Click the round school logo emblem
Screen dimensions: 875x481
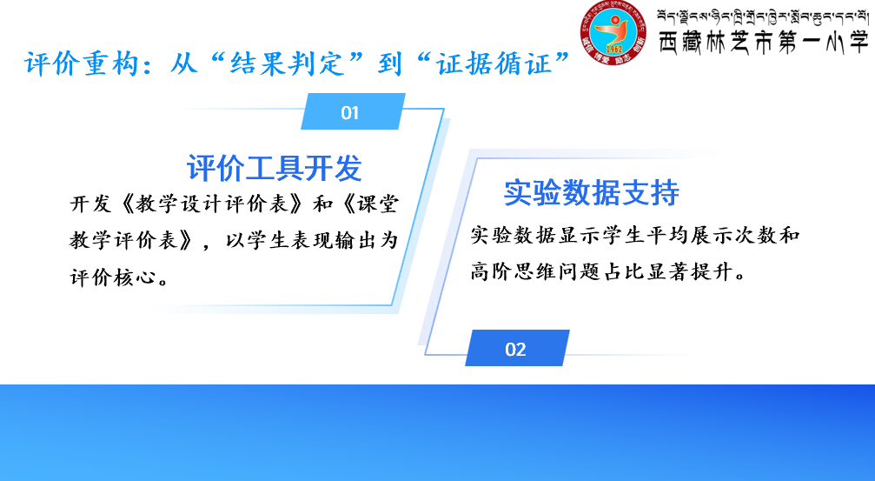[x=613, y=32]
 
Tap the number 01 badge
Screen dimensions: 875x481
[x=353, y=111]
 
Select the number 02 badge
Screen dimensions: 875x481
[x=517, y=348]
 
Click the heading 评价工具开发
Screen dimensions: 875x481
[x=274, y=168]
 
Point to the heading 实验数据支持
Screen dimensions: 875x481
[x=592, y=193]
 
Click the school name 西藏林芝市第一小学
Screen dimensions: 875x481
[x=764, y=43]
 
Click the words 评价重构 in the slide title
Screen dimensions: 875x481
[x=82, y=63]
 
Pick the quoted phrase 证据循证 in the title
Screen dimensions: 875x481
[x=494, y=63]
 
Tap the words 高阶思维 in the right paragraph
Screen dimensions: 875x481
[x=514, y=271]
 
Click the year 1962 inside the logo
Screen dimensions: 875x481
[x=613, y=50]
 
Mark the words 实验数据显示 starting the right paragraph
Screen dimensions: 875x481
[x=535, y=235]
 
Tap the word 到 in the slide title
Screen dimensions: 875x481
[x=390, y=63]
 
